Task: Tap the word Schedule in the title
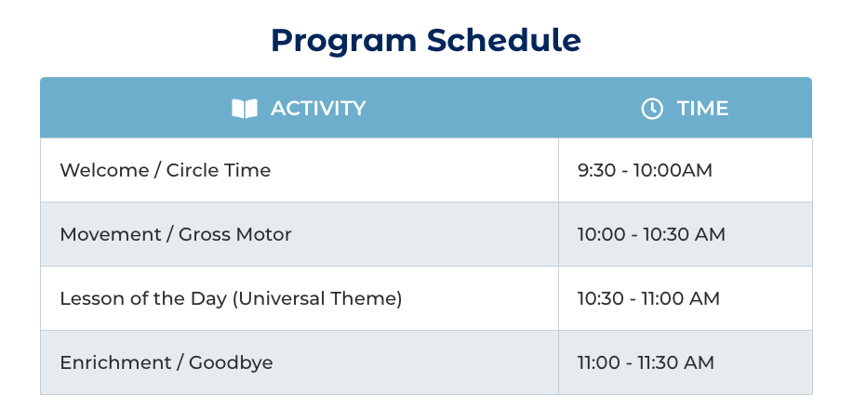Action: pyautogui.click(x=504, y=40)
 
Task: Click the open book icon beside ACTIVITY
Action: pyautogui.click(x=245, y=108)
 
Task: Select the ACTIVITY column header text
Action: pyautogui.click(x=318, y=108)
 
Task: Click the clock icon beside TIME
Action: pyautogui.click(x=652, y=108)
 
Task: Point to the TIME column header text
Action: pyautogui.click(x=702, y=108)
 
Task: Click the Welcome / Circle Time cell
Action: pyautogui.click(x=300, y=170)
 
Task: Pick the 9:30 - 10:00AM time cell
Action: pyautogui.click(x=686, y=170)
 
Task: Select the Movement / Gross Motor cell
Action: pyautogui.click(x=300, y=234)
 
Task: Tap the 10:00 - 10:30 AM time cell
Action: pyautogui.click(x=686, y=234)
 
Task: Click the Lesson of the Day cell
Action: pyautogui.click(x=300, y=298)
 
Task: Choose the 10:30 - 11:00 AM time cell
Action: pyautogui.click(x=686, y=298)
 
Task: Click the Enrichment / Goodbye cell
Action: pyautogui.click(x=300, y=362)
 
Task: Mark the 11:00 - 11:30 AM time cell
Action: pyautogui.click(x=686, y=362)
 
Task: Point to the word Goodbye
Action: pyautogui.click(x=231, y=363)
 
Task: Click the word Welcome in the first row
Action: pyautogui.click(x=104, y=170)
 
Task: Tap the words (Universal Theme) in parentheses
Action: pyautogui.click(x=316, y=299)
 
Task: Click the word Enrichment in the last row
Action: pyautogui.click(x=115, y=362)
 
